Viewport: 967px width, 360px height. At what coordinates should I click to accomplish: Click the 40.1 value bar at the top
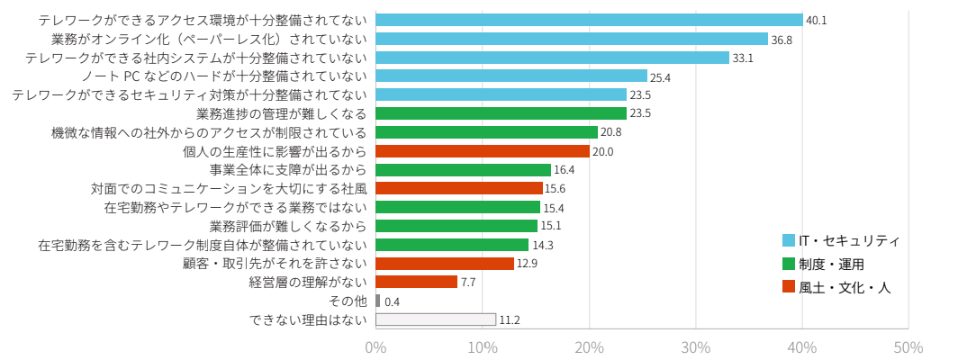click(589, 20)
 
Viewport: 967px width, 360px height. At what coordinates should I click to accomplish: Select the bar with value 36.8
click(572, 39)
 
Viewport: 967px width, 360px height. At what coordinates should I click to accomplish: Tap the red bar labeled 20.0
click(483, 151)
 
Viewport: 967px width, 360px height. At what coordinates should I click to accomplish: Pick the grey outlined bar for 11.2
click(436, 319)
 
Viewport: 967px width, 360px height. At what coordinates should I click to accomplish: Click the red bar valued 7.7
click(417, 282)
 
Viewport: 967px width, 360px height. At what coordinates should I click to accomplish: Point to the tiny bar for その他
click(378, 301)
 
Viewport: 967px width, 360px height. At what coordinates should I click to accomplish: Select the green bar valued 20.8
click(486, 132)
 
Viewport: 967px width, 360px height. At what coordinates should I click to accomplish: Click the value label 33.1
click(743, 58)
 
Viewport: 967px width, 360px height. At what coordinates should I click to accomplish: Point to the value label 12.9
click(527, 264)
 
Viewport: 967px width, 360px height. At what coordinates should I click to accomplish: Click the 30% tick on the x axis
click(696, 347)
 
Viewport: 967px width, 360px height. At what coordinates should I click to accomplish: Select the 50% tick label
click(908, 347)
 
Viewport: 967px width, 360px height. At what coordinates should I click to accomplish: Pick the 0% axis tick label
click(375, 347)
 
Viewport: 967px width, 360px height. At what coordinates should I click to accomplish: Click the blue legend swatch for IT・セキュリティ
click(789, 240)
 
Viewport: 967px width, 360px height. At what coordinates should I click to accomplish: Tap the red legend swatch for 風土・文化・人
click(789, 287)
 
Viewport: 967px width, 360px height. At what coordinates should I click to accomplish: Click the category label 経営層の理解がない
click(308, 282)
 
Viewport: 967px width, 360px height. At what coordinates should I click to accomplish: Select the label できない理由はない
click(308, 319)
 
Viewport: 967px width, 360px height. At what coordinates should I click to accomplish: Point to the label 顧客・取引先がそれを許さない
click(275, 264)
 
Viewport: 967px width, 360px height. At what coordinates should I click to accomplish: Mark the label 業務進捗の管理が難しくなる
click(281, 113)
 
